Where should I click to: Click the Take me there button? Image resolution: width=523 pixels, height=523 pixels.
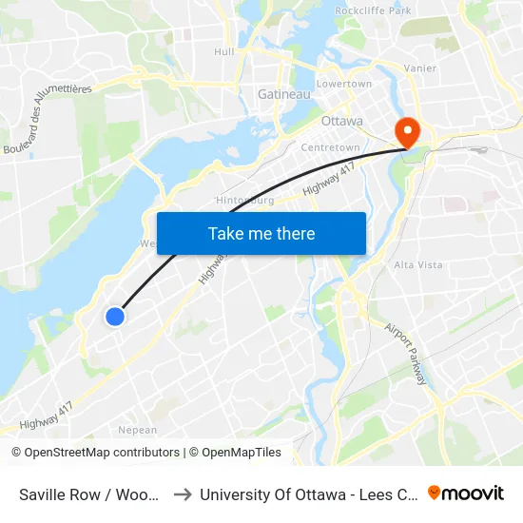tap(261, 233)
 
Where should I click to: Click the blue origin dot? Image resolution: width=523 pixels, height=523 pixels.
tap(115, 317)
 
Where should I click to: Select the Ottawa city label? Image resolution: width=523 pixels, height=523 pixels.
tap(342, 121)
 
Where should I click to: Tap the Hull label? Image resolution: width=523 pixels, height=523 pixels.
tap(224, 51)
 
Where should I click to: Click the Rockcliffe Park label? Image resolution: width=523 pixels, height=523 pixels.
tap(373, 10)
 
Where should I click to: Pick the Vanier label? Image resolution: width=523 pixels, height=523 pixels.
tap(420, 68)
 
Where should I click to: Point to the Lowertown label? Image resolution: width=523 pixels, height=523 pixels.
tap(344, 84)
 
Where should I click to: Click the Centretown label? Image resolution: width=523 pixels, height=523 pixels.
tap(330, 148)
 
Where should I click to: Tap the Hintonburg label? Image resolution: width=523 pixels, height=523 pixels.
tap(245, 201)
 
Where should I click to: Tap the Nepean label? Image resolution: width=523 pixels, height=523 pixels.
tap(137, 430)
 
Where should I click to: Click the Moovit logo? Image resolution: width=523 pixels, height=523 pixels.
tap(466, 493)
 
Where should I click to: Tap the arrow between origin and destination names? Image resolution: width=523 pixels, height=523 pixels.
tap(183, 494)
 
